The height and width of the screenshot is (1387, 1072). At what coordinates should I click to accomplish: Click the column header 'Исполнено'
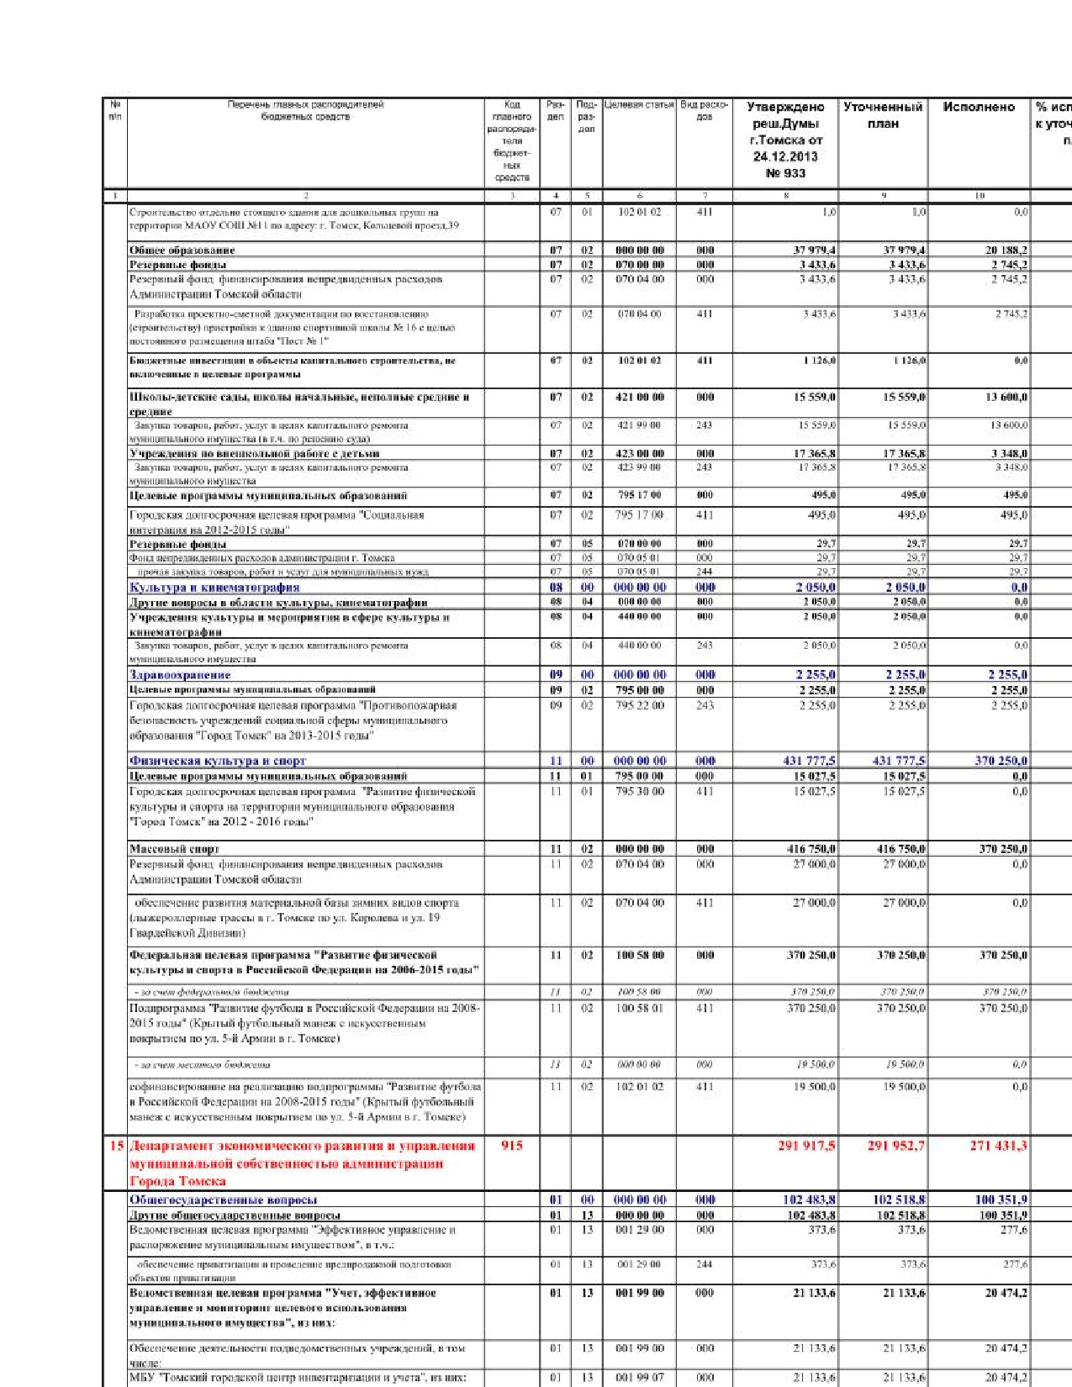pos(979,108)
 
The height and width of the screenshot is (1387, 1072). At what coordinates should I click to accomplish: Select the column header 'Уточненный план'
pos(883,115)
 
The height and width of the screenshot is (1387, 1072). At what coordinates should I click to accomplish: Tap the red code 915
pos(511,1145)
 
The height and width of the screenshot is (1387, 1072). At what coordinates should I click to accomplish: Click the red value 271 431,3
pos(998,1145)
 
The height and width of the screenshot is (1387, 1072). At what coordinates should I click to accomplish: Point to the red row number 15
pos(116,1145)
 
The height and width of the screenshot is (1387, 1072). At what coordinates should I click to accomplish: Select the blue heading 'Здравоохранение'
pos(180,674)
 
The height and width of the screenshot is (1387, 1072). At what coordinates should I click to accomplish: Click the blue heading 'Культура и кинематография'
pos(214,587)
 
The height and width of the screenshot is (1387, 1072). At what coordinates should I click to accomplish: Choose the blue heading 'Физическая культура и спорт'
pos(218,761)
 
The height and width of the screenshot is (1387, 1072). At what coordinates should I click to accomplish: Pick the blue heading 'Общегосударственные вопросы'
pos(223,1200)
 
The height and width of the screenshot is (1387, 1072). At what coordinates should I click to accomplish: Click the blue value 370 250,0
pos(1001,761)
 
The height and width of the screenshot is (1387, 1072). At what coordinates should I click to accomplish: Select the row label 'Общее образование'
pos(182,250)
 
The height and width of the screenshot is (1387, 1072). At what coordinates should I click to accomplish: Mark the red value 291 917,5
pos(806,1145)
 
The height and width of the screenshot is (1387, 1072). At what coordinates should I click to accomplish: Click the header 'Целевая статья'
pos(639,105)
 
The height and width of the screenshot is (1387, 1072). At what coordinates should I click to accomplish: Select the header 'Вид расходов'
pos(704,110)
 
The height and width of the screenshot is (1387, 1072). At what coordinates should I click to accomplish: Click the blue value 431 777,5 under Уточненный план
pos(898,761)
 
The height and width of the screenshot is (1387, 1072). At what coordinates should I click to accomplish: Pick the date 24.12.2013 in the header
pos(785,156)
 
